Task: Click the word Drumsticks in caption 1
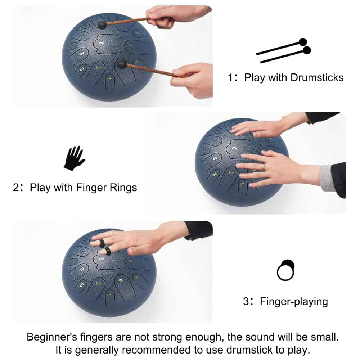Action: [317, 78]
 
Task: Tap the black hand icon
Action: [74, 158]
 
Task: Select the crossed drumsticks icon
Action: [284, 50]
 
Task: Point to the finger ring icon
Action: [285, 270]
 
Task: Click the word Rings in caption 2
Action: [123, 188]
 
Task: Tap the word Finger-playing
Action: [294, 302]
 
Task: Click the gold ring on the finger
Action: [264, 167]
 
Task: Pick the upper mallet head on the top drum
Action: [102, 24]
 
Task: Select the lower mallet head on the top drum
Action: [122, 64]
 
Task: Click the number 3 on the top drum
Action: [102, 43]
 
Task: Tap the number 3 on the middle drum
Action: [234, 149]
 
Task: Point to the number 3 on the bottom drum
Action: [102, 259]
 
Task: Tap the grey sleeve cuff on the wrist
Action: [327, 178]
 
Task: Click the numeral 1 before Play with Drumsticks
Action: [230, 78]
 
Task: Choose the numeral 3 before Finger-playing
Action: [246, 302]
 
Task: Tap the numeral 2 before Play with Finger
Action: [16, 188]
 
